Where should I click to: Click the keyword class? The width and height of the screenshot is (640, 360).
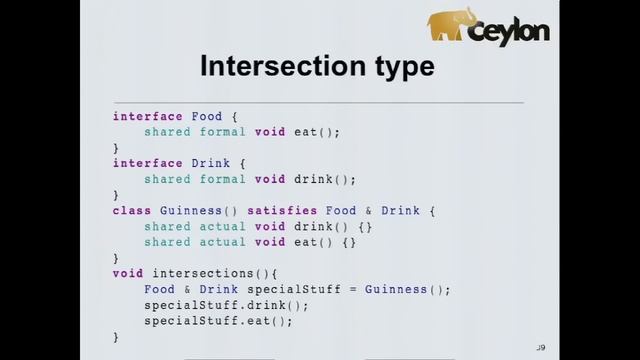(132, 211)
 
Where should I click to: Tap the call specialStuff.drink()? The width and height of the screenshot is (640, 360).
(226, 305)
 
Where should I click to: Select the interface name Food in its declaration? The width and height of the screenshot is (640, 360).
(207, 116)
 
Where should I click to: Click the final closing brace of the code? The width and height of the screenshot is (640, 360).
(116, 337)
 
